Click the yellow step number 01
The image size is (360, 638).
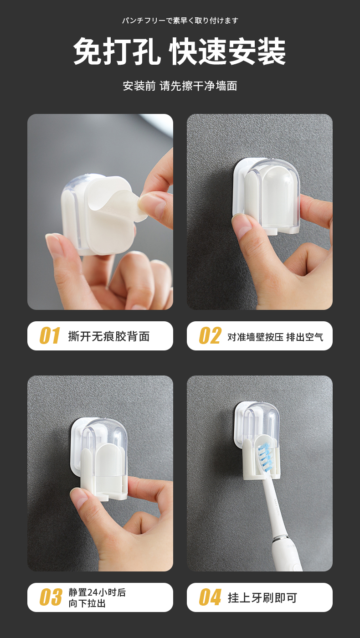50,335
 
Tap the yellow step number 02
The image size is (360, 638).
210,335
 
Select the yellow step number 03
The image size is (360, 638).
51,597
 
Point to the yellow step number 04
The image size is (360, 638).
210,597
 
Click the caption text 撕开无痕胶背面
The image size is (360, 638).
109,336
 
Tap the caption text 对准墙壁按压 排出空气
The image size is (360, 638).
275,337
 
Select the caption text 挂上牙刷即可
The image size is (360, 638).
262,597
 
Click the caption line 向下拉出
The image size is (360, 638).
87,603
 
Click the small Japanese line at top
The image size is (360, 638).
180,21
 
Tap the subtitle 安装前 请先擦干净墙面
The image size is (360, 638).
180,86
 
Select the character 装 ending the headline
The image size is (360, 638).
272,51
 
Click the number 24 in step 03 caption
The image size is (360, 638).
93,592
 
